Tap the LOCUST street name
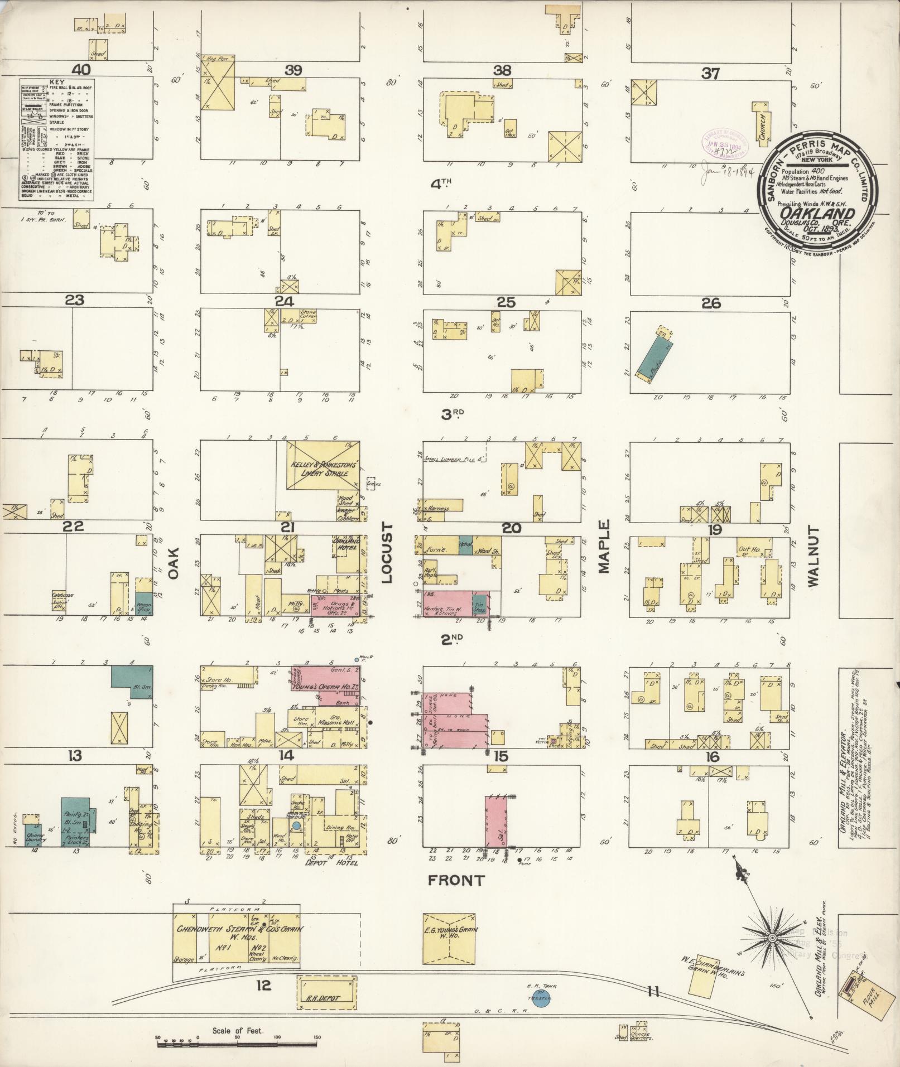pyautogui.click(x=388, y=553)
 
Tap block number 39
pyautogui.click(x=293, y=70)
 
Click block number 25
pyautogui.click(x=506, y=302)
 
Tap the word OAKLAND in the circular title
pyautogui.click(x=816, y=214)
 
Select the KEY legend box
pyautogui.click(x=57, y=138)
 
